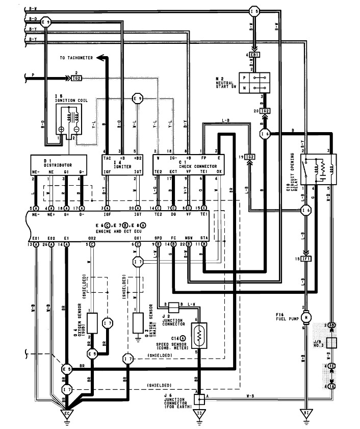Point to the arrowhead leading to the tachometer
click(100, 58)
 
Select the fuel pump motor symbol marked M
click(306, 317)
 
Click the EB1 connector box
click(255, 55)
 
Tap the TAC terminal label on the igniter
click(107, 158)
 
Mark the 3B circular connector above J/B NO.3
click(331, 325)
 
